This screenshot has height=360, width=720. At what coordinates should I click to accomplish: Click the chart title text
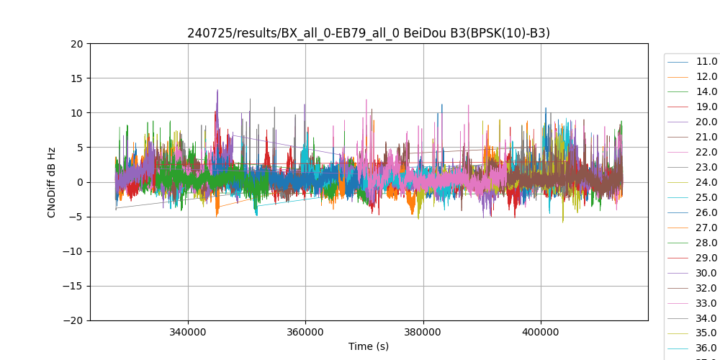(369, 33)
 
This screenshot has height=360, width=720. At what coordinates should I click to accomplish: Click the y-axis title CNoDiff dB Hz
(52, 181)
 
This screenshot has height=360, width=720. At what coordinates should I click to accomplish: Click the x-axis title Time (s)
(369, 346)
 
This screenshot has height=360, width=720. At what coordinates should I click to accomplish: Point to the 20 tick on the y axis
(76, 44)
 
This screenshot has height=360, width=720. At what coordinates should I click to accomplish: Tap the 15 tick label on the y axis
(76, 78)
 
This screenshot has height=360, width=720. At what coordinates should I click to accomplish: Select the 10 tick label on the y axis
(76, 113)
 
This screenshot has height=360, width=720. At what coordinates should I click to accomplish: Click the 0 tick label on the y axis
(79, 182)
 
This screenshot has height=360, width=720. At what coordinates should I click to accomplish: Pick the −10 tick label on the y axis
(73, 251)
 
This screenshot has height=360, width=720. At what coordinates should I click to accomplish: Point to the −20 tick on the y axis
(73, 320)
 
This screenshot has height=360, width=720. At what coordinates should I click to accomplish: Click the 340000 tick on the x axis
(188, 333)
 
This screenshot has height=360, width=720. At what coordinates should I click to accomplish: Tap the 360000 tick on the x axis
(305, 333)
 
